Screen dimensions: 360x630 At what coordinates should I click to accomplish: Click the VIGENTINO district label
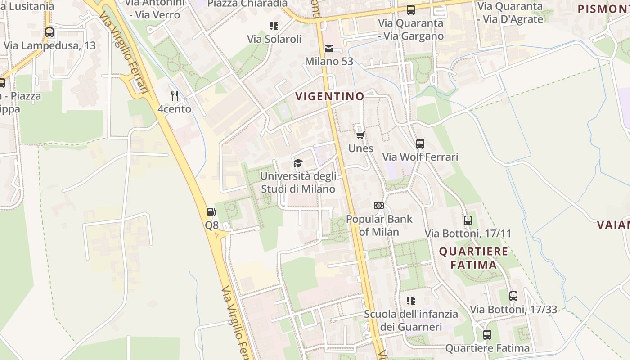tap(330, 96)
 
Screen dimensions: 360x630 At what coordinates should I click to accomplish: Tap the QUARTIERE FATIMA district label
tap(473, 258)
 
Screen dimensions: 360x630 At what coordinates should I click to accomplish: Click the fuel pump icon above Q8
tap(211, 212)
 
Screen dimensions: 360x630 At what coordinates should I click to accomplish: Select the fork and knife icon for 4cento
tap(175, 96)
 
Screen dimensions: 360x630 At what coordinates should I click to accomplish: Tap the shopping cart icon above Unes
tap(360, 135)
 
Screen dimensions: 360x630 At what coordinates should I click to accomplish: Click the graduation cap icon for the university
tap(298, 163)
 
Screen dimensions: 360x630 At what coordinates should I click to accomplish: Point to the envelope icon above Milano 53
tap(329, 49)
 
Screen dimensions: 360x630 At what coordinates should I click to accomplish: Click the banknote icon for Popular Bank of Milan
tap(379, 206)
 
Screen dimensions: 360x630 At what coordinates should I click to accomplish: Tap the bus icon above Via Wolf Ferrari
tap(420, 144)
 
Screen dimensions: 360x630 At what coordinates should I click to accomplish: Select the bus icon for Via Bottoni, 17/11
tap(468, 220)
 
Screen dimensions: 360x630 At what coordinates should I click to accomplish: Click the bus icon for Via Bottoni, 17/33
tap(513, 296)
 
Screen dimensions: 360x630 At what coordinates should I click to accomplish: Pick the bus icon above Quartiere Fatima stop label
tap(487, 335)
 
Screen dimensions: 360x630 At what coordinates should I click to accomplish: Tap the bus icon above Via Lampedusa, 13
tap(49, 32)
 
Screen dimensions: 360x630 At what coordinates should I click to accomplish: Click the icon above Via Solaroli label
tap(274, 26)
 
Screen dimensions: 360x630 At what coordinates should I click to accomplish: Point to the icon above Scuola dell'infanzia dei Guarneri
tap(411, 300)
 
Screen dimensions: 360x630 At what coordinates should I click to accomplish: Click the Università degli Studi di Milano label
tap(298, 182)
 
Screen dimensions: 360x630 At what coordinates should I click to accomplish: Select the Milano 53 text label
tap(329, 61)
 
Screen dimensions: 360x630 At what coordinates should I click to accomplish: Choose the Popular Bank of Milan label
tap(379, 225)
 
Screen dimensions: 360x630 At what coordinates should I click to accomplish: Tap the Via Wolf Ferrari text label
tap(420, 157)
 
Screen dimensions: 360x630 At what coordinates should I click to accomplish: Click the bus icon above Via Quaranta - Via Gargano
tap(410, 10)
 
